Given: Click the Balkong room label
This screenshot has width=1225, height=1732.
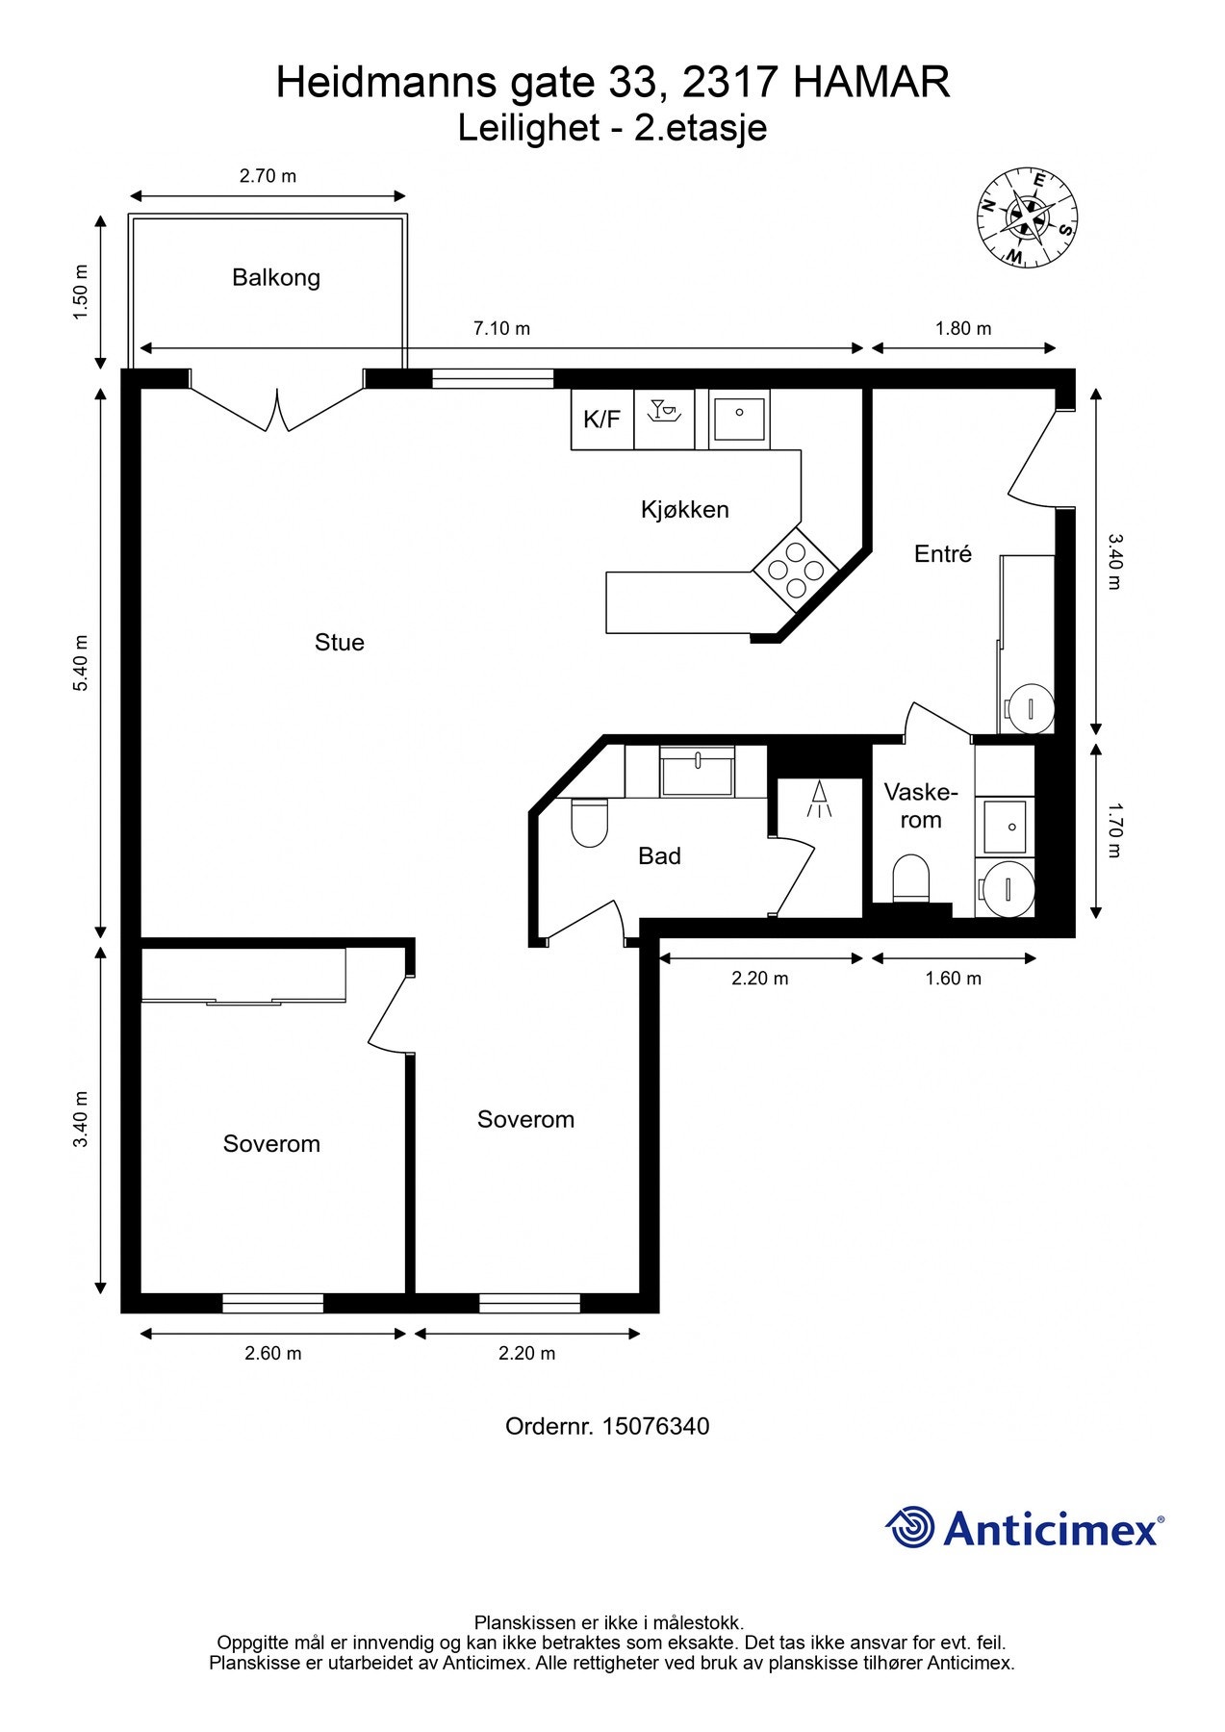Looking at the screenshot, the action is (x=276, y=278).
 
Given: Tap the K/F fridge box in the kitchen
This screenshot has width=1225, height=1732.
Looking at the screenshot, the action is (x=602, y=419).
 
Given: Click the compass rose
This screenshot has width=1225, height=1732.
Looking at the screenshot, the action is (x=1028, y=218).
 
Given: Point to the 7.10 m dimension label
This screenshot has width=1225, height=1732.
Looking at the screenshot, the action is (x=501, y=328).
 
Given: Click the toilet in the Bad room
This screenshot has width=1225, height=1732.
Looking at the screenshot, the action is (x=590, y=823).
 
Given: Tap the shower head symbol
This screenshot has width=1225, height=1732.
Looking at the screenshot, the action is (x=820, y=799).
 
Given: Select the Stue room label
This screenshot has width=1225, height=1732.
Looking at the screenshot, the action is (x=340, y=642).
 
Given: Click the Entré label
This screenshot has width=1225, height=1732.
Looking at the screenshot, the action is (x=943, y=553).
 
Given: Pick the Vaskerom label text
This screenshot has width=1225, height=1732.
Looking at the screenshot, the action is (x=921, y=806).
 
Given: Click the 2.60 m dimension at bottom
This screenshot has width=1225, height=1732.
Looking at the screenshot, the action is (x=273, y=1353).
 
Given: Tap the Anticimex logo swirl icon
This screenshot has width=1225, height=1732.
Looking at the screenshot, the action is (x=910, y=1527).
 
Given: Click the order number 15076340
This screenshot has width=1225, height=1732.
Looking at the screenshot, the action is (x=656, y=1426).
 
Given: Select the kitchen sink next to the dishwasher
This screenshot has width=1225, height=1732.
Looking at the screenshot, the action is (x=739, y=417).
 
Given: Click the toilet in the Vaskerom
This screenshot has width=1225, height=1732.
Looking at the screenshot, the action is (x=910, y=879).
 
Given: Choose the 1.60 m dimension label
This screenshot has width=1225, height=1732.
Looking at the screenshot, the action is (x=954, y=979).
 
